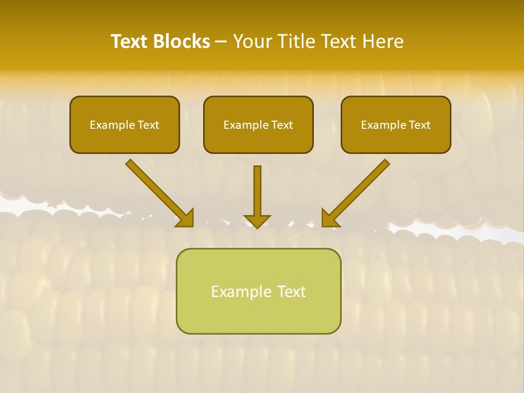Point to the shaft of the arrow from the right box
360,188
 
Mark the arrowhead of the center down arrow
257,221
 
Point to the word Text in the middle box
282,125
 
